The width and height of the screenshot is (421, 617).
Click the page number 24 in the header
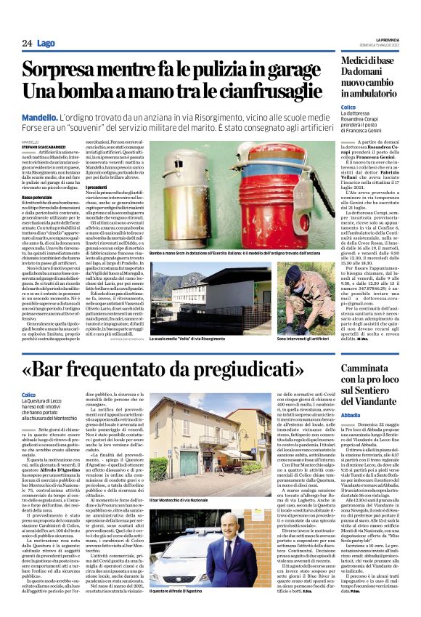pos(27,44)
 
